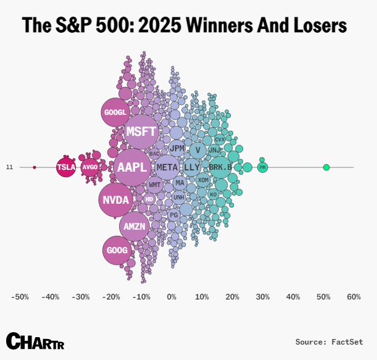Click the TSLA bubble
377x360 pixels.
coord(66,167)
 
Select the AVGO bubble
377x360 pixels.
coord(90,167)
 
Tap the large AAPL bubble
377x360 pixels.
coord(133,167)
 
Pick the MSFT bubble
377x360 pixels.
coord(141,132)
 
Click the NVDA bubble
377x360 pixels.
coord(116,199)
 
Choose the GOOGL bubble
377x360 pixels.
coord(115,112)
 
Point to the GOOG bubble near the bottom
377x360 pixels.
coord(117,250)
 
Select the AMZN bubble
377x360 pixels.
coord(135,226)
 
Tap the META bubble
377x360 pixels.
coord(167,167)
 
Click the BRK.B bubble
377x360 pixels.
coord(220,167)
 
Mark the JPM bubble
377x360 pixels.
coord(177,148)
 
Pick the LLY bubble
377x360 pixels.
coord(192,167)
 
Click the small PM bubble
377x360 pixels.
coord(262,167)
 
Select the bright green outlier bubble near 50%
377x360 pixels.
coord(326,167)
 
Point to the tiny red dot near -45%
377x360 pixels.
coord(35,167)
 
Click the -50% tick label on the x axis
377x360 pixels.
coord(20,297)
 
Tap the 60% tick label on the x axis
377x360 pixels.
coord(354,297)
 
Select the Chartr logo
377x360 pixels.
coord(35,341)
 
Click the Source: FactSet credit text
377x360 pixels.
coord(329,341)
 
